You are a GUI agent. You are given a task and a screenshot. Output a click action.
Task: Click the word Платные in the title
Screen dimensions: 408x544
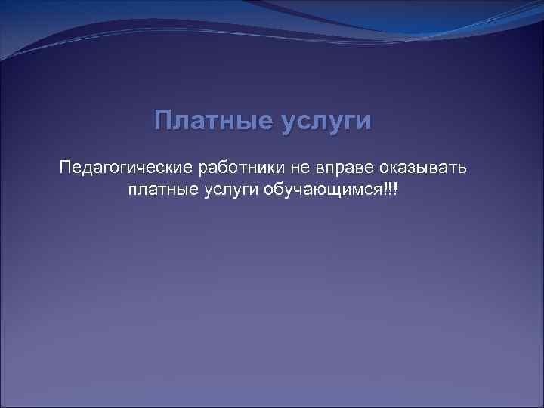pyautogui.click(x=215, y=122)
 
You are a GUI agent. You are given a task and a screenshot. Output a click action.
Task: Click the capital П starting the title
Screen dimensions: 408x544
pyautogui.click(x=163, y=121)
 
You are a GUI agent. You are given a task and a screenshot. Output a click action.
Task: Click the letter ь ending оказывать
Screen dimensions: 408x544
pyautogui.click(x=472, y=166)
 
